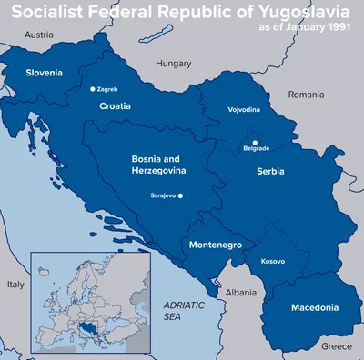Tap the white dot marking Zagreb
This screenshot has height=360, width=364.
point(92,89)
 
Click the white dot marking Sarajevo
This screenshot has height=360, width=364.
point(181,195)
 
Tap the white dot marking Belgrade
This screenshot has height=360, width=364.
point(255,142)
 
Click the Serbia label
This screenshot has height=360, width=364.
point(270,171)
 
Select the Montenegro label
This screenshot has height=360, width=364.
point(215,245)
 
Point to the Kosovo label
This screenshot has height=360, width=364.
point(272,262)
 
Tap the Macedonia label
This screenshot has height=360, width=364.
point(315,308)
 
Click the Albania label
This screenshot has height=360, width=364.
point(241,294)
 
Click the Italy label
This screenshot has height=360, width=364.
point(15,285)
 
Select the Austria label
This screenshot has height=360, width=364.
point(39,35)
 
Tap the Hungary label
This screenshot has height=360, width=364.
point(173,65)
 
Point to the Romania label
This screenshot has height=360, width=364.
point(306,95)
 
